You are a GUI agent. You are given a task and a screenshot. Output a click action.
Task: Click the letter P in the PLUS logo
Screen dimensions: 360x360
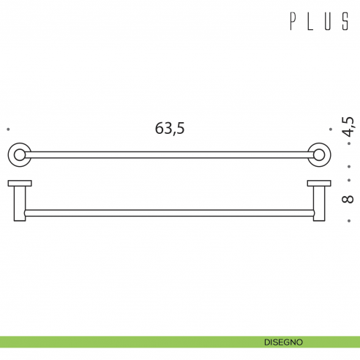(x=293, y=22)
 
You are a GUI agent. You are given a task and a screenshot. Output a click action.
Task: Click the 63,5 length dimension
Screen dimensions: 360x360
(x=170, y=129)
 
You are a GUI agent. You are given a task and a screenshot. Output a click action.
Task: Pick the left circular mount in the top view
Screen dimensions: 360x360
(x=19, y=154)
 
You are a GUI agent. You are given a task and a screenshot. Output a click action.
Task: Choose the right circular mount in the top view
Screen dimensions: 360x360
(x=319, y=154)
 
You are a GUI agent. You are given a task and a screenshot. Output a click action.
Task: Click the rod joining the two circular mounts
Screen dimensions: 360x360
(x=169, y=154)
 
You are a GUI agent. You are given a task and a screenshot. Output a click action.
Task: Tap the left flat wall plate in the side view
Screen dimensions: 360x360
(x=19, y=183)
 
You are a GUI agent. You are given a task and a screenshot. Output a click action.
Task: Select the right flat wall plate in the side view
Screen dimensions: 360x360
(x=319, y=183)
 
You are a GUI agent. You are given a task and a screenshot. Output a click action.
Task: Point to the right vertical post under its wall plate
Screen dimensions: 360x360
(x=320, y=203)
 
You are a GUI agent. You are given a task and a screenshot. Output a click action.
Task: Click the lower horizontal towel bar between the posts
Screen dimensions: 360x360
(x=169, y=213)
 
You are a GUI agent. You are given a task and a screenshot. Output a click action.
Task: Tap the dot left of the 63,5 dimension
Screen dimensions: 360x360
(x=7, y=130)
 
